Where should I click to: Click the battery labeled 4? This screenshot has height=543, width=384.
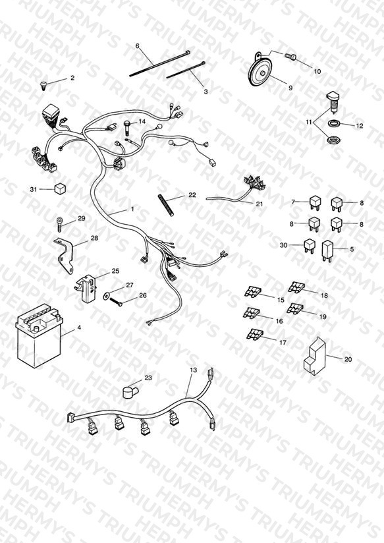pyautogui.click(x=38, y=335)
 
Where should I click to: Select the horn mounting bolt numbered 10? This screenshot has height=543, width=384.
pyautogui.click(x=291, y=56)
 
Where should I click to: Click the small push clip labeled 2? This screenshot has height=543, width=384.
pyautogui.click(x=43, y=85)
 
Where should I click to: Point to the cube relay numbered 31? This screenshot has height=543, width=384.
pyautogui.click(x=60, y=189)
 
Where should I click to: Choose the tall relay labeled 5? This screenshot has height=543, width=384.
pyautogui.click(x=327, y=250)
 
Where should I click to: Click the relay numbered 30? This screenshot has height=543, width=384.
pyautogui.click(x=310, y=246)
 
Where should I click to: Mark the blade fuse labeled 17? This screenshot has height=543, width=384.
pyautogui.click(x=255, y=335)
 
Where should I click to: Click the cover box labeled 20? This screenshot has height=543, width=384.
pyautogui.click(x=314, y=356)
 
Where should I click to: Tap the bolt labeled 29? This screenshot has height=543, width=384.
pyautogui.click(x=60, y=224)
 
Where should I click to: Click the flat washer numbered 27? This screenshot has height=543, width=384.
pyautogui.click(x=106, y=296)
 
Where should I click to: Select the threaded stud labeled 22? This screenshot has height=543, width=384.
pyautogui.click(x=165, y=206)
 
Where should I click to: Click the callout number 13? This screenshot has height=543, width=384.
pyautogui.click(x=193, y=370)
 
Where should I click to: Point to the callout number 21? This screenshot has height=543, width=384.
pyautogui.click(x=260, y=204)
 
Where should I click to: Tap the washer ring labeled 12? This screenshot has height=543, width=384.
pyautogui.click(x=334, y=123)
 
